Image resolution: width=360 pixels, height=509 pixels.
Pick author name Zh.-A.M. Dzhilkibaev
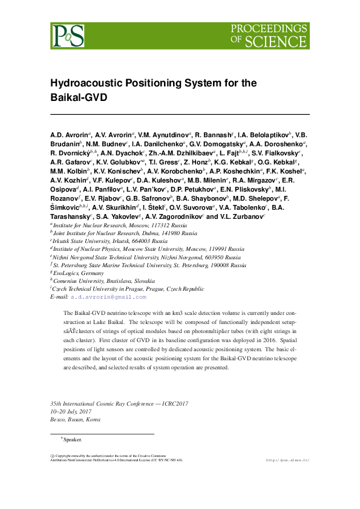pyautogui.click(x=183, y=154)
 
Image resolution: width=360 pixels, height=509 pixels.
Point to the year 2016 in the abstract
pyautogui.click(x=261, y=340)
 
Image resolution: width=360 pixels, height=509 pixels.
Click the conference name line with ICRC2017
pyautogui.click(x=119, y=403)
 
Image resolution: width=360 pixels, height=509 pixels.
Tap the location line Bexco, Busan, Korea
pyautogui.click(x=75, y=419)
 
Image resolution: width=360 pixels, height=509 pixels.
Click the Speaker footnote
pyautogui.click(x=72, y=439)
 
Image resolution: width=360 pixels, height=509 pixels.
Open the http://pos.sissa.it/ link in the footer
pyautogui.click(x=287, y=460)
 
